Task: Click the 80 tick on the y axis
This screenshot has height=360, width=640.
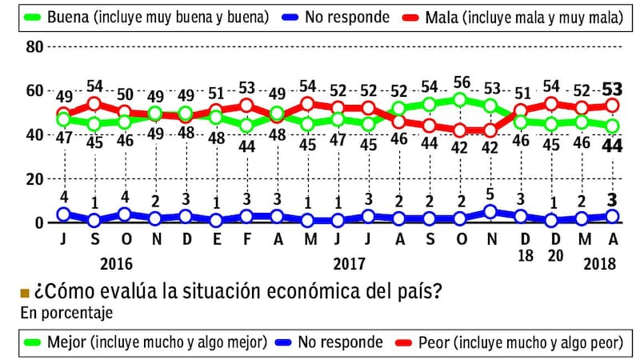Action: pos(33,46)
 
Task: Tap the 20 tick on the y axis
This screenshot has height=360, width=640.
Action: pos(33,179)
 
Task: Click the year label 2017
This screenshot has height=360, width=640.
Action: pos(350,263)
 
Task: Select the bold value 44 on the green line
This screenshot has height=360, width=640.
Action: pos(614,146)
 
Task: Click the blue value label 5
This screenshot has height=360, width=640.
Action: pos(491,194)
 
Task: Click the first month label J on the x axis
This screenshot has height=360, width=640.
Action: pos(63,239)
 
